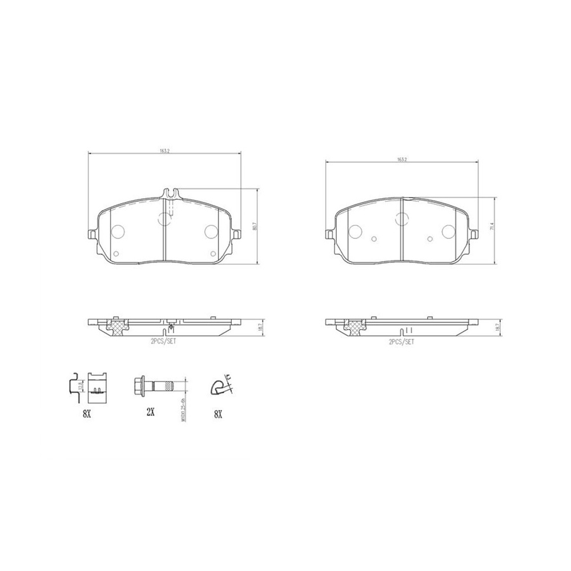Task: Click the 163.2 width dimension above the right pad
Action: (402, 159)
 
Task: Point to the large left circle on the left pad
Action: (118, 232)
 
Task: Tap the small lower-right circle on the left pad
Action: (213, 254)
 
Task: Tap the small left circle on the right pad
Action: (374, 240)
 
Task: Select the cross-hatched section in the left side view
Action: (116, 328)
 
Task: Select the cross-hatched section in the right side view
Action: (355, 328)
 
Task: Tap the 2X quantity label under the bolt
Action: (150, 412)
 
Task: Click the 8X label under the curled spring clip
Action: (218, 413)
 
